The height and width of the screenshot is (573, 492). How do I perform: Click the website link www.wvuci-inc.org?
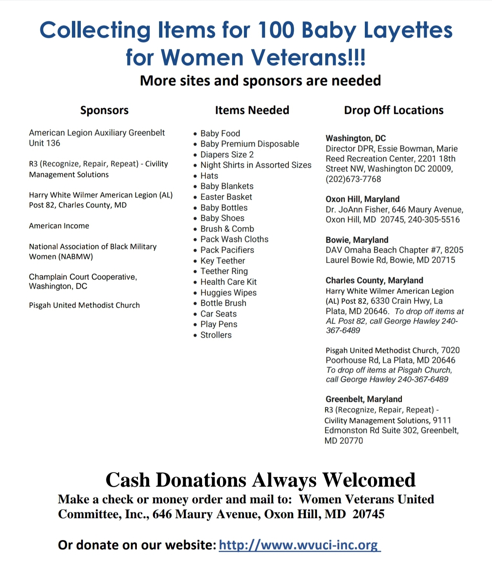[x=300, y=545]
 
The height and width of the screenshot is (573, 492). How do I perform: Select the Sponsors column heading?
[x=104, y=110]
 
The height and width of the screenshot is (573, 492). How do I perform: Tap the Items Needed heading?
[x=252, y=110]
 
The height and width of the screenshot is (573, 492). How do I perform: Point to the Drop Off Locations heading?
[x=393, y=110]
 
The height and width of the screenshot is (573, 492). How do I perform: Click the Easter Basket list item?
[x=226, y=197]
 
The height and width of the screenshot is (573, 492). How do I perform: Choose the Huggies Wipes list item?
[x=228, y=293]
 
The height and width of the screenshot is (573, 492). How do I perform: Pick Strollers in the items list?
[x=216, y=335]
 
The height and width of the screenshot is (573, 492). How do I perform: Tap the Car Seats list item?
[x=218, y=314]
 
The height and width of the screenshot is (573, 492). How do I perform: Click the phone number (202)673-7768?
[x=353, y=179]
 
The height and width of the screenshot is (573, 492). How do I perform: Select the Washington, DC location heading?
[x=356, y=138]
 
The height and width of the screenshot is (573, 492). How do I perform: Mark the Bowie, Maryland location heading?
[x=357, y=240]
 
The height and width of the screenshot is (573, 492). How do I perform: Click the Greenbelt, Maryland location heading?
[x=364, y=399]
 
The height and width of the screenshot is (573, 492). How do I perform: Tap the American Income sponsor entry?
[x=59, y=226]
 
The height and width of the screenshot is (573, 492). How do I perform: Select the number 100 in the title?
[x=277, y=30]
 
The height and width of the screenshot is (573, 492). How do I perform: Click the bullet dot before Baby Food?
[x=195, y=134]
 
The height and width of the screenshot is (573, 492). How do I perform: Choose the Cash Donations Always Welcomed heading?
[x=260, y=480]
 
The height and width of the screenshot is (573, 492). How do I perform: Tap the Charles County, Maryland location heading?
[x=374, y=281]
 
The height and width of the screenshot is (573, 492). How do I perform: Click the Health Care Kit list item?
[x=228, y=282]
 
